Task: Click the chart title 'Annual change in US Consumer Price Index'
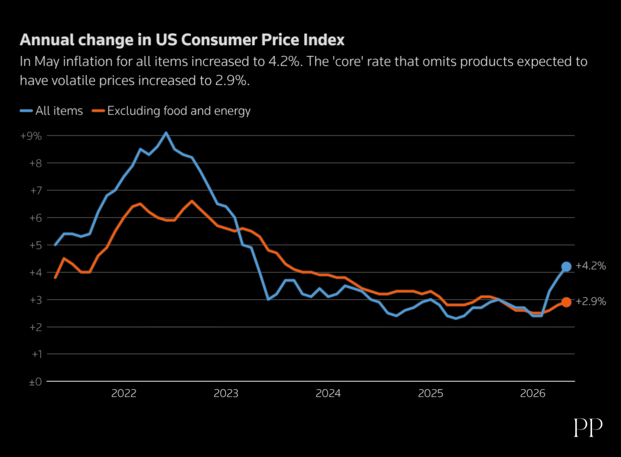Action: pyautogui.click(x=182, y=40)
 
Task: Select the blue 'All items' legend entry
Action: pyautogui.click(x=51, y=111)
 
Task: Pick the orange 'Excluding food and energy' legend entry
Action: pyautogui.click(x=171, y=111)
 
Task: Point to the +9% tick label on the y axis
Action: pyautogui.click(x=31, y=136)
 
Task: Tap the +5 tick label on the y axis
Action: pyautogui.click(x=36, y=245)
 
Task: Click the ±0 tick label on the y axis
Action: pyautogui.click(x=36, y=382)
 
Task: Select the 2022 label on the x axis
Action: pyautogui.click(x=124, y=393)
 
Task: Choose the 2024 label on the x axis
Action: pyautogui.click(x=328, y=393)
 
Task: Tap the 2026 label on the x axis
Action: pyautogui.click(x=532, y=393)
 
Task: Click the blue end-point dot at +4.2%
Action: pyautogui.click(x=566, y=267)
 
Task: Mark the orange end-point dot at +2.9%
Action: pyautogui.click(x=566, y=302)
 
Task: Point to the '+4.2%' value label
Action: pyautogui.click(x=591, y=266)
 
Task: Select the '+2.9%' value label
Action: pyautogui.click(x=591, y=301)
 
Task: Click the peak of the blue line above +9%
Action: pyautogui.click(x=166, y=133)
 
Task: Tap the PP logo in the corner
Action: pyautogui.click(x=588, y=427)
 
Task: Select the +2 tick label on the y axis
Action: pyautogui.click(x=36, y=327)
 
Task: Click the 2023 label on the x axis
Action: pyautogui.click(x=226, y=393)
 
